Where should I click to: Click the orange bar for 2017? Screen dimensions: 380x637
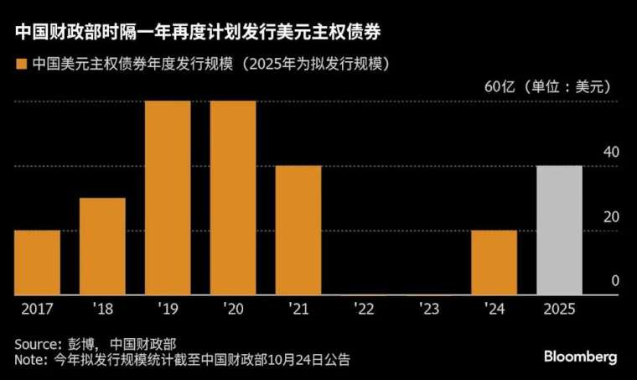(37, 262)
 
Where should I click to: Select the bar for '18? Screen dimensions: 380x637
(102, 246)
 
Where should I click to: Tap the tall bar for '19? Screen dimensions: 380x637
(168, 197)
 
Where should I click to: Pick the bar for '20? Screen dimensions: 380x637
(233, 197)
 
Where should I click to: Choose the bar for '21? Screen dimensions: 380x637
(298, 230)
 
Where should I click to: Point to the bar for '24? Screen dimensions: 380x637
(494, 262)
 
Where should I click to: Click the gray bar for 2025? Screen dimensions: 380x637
(559, 230)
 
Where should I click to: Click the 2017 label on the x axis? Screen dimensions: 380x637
(37, 310)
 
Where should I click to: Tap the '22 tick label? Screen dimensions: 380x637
(364, 310)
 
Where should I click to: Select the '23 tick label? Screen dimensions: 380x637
(428, 310)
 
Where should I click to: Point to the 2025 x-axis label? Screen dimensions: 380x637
(559, 310)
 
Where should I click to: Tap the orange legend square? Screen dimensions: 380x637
(20, 64)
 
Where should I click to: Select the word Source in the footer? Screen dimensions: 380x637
(37, 345)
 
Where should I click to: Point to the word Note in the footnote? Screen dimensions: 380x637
(31, 360)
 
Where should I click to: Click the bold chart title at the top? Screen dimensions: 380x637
(201, 33)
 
